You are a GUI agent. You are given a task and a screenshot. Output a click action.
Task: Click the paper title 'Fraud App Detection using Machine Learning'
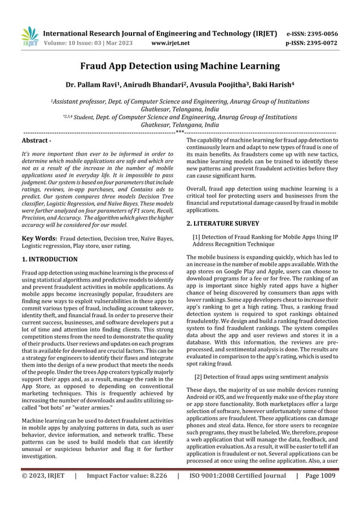point(180,67)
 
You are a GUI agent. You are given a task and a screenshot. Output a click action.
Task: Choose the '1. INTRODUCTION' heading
point(50,260)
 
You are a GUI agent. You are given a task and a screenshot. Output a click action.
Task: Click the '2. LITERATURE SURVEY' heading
point(223,223)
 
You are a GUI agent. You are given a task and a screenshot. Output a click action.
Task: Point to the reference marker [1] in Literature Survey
point(197,237)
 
